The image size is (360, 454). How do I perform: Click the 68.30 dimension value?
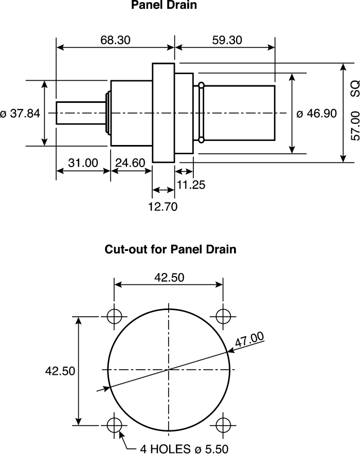(x=116, y=40)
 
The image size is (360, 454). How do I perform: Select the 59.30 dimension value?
(x=227, y=40)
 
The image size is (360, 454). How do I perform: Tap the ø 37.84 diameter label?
(x=21, y=114)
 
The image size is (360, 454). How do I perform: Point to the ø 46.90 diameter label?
(x=317, y=114)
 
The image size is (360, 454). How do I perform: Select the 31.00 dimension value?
(x=83, y=163)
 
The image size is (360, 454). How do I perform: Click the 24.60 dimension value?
(x=130, y=163)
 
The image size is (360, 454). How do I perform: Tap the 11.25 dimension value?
(x=191, y=185)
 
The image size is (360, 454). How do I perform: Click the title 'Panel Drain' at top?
(x=164, y=6)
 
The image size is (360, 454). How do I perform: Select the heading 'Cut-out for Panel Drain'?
(x=170, y=250)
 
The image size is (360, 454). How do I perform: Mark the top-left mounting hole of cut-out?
(x=114, y=315)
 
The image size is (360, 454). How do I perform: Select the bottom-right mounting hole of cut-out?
(x=223, y=425)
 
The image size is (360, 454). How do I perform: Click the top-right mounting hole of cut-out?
(x=223, y=315)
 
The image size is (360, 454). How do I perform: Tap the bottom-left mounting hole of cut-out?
(x=114, y=425)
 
